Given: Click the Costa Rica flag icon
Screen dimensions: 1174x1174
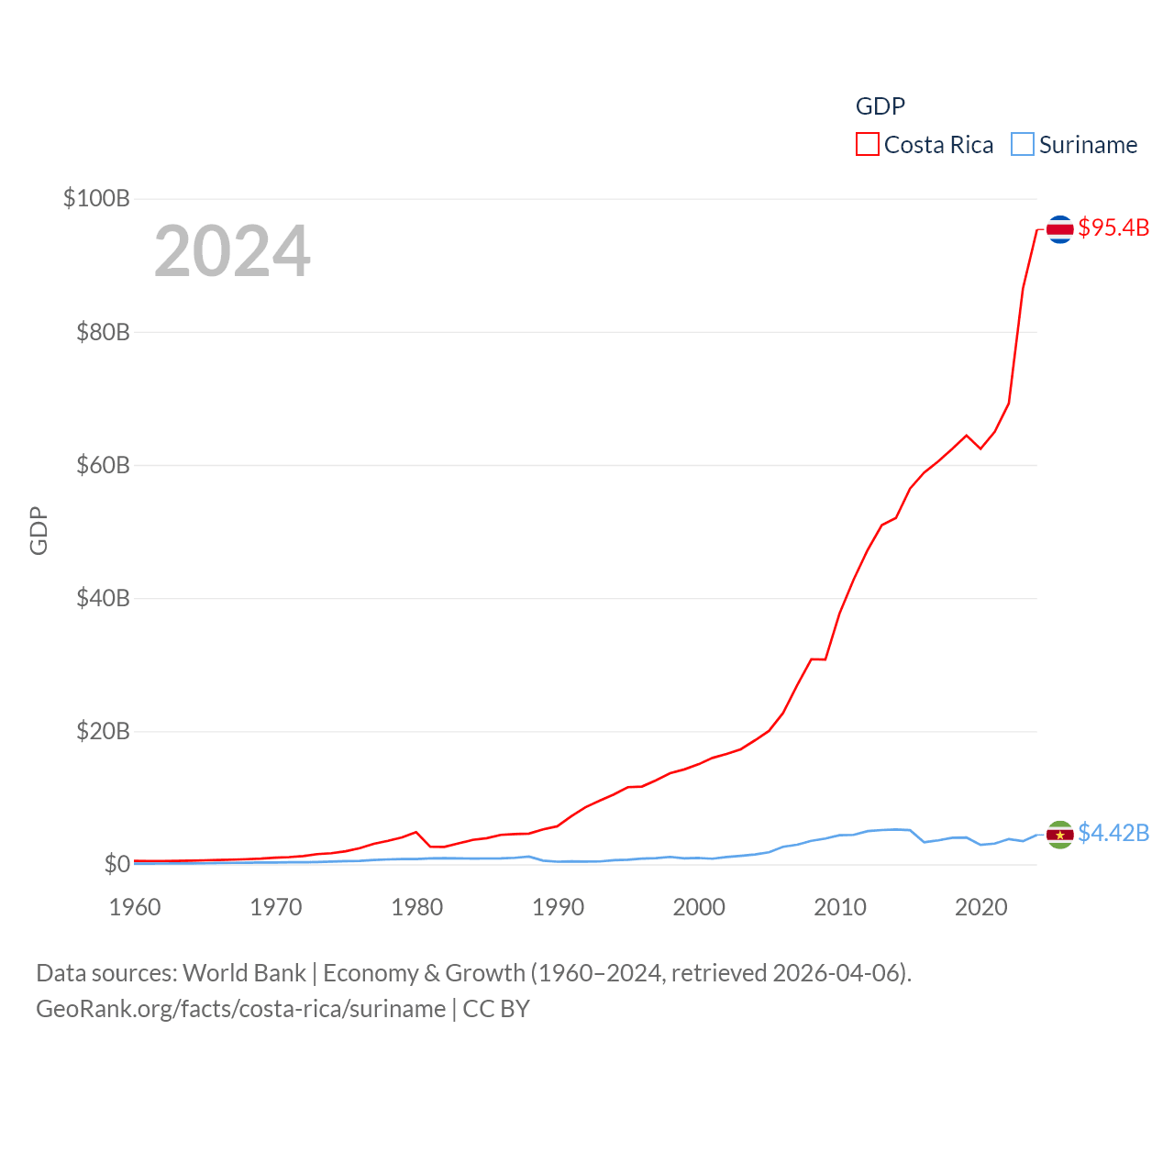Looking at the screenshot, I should point(1059,229).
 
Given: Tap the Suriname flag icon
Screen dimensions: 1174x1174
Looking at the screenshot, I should point(1059,835).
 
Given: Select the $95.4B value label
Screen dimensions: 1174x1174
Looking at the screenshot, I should point(1113,227).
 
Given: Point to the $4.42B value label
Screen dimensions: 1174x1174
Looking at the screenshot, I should point(1113,833).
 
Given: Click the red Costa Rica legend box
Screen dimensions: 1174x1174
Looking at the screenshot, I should point(867,145).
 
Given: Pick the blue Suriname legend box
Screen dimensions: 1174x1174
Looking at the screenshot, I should point(1022,145).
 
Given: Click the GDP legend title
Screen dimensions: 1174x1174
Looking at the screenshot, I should point(880,106).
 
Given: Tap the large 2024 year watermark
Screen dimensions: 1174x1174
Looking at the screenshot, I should point(232,251).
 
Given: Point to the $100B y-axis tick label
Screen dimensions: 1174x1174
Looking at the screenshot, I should point(96,198).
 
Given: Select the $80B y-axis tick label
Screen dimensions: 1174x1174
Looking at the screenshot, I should point(103,332).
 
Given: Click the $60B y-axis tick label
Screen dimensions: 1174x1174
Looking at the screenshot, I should point(103,465).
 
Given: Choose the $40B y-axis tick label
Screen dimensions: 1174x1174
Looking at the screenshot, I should point(103,598).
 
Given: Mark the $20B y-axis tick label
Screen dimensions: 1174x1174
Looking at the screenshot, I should point(103,731).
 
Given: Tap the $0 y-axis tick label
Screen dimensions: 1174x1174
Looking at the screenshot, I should point(116,864).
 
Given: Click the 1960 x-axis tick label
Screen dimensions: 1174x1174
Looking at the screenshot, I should point(135,907).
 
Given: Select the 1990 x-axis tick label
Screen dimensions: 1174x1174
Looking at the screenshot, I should point(558,907).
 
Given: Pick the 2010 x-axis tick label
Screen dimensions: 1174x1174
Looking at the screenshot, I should point(840,907).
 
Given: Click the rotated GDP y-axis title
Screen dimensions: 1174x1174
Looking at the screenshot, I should point(39,530).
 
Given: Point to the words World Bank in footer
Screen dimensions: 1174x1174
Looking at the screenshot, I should point(244,973).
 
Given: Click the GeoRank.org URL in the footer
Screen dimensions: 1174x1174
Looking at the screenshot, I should point(240,1009).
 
